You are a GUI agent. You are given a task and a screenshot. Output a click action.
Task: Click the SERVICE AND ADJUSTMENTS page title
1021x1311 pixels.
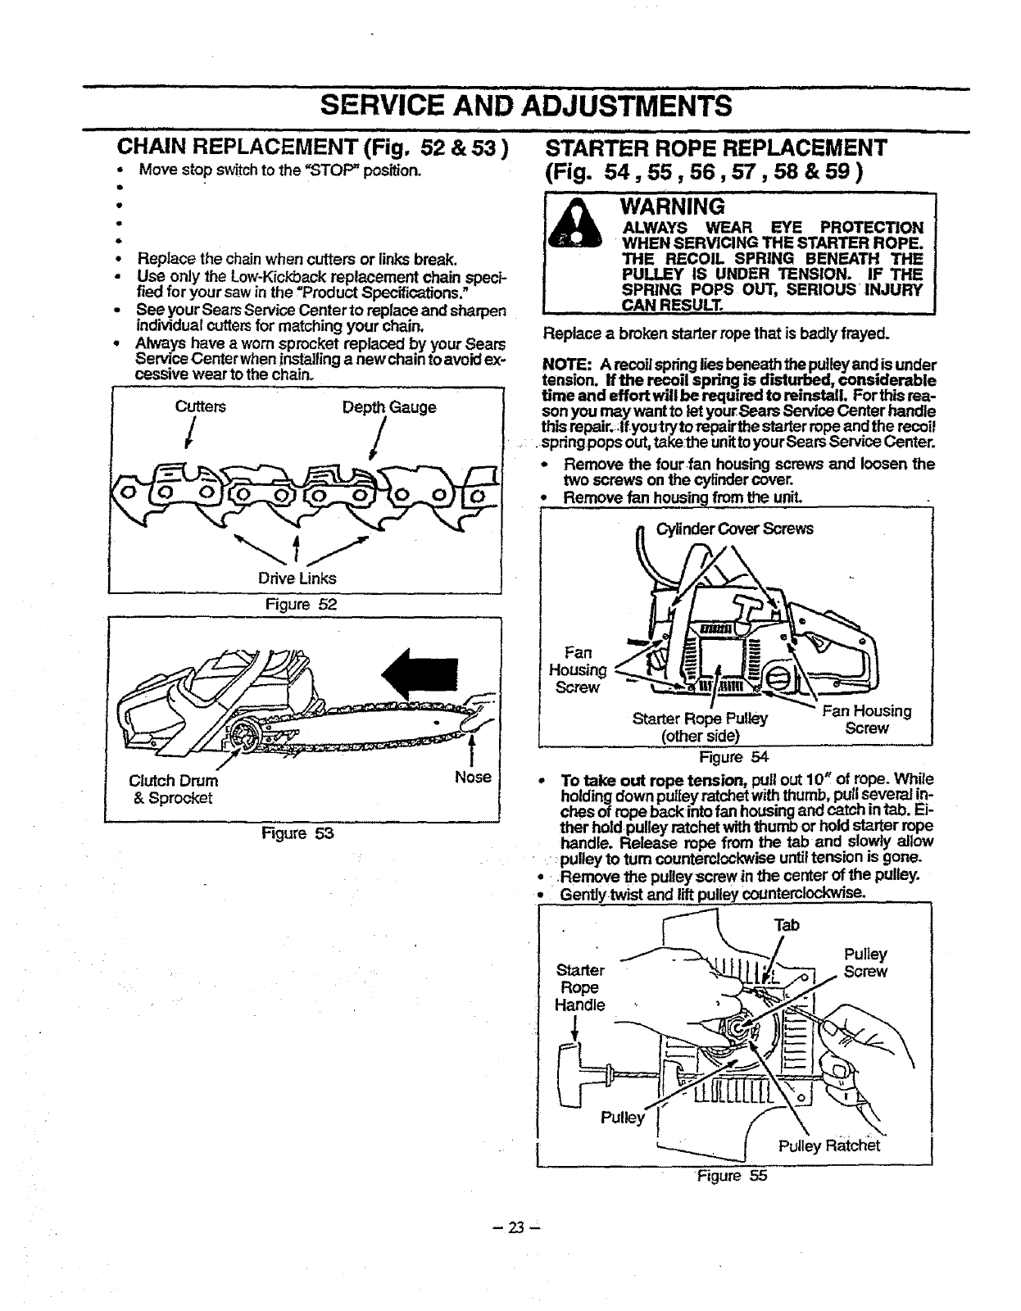pos(526,106)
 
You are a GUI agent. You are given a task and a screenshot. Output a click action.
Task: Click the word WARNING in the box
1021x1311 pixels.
pos(673,205)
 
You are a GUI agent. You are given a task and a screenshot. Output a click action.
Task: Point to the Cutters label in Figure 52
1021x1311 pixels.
pos(201,407)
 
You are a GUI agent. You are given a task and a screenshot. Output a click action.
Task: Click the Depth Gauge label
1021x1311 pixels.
pos(388,407)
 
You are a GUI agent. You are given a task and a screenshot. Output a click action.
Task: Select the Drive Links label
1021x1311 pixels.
pos(297,578)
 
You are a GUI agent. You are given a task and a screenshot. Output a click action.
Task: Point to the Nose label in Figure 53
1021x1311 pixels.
pos(473,776)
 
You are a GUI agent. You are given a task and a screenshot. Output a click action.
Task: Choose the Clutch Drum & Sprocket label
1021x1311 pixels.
pos(174,788)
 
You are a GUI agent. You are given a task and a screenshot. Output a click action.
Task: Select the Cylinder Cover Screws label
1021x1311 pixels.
pos(735,528)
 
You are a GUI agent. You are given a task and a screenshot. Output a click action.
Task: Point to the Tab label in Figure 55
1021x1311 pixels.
pos(786,924)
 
